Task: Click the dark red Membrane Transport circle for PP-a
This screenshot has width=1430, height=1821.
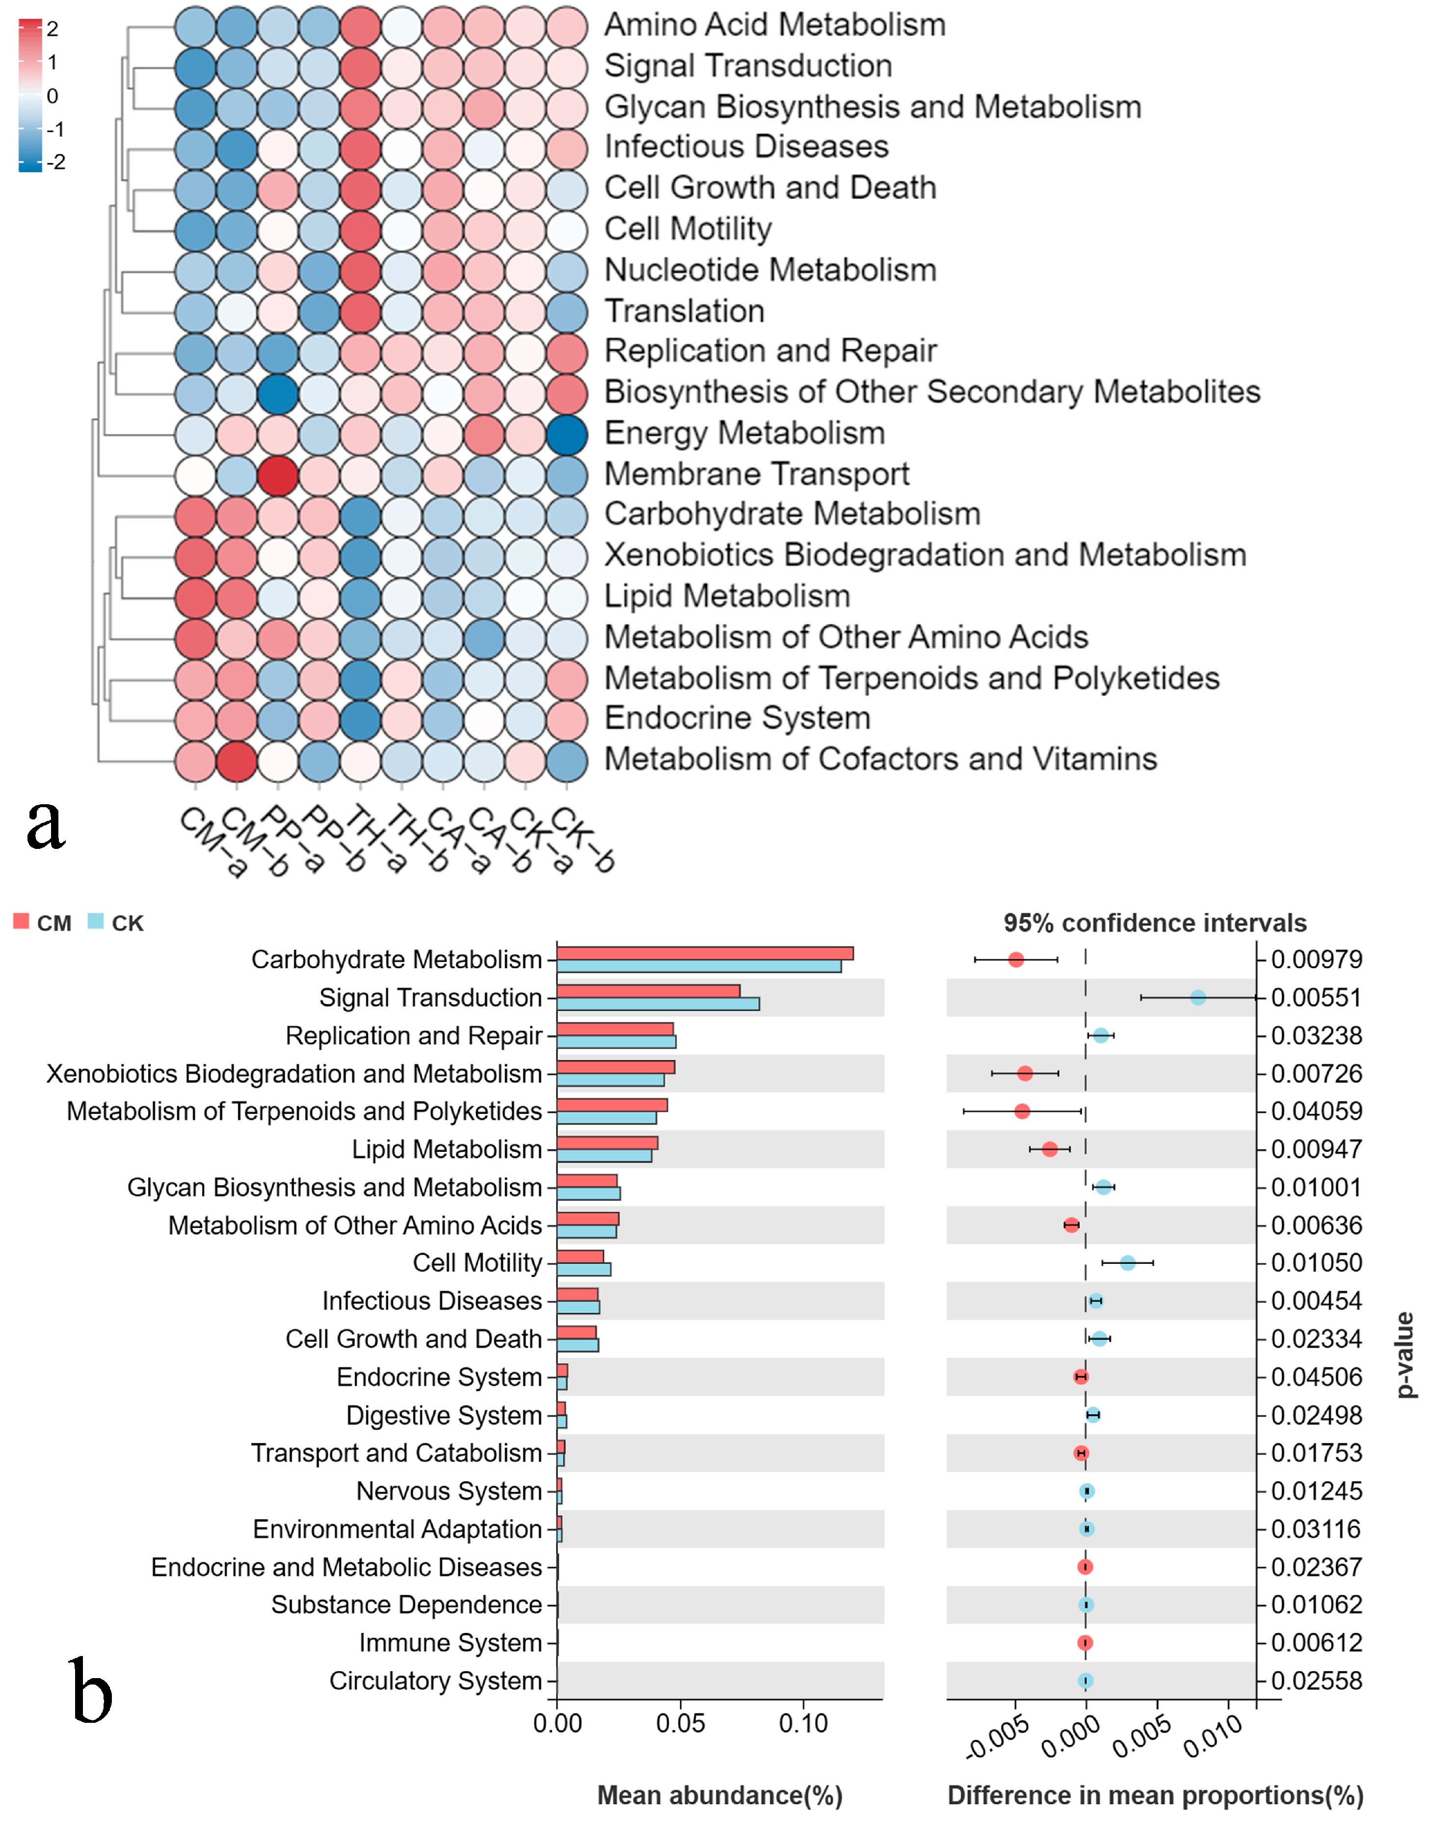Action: [278, 474]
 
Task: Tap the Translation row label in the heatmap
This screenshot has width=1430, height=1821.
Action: [684, 311]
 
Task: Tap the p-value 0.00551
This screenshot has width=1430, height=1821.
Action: [1316, 998]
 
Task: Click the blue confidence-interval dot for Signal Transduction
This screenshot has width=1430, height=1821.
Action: [1197, 998]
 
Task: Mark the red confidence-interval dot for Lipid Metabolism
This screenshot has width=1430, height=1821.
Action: [1050, 1149]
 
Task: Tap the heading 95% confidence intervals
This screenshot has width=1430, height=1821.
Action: [1155, 923]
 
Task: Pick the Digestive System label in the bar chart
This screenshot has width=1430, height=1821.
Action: [444, 1415]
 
